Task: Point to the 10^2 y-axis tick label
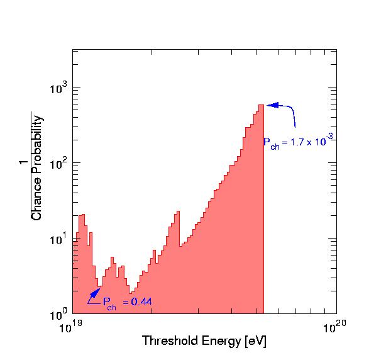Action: [58, 162]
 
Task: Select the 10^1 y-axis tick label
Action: [58, 238]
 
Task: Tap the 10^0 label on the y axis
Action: [58, 313]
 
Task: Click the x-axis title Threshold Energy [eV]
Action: [204, 342]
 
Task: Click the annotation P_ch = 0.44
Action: [127, 302]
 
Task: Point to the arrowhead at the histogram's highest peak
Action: [272, 105]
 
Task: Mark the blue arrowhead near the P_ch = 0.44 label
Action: [96, 292]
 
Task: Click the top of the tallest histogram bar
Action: [260, 105]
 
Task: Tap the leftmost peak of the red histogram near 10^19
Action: [82, 215]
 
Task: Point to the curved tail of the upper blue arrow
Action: [294, 120]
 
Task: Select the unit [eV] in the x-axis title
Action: [255, 342]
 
